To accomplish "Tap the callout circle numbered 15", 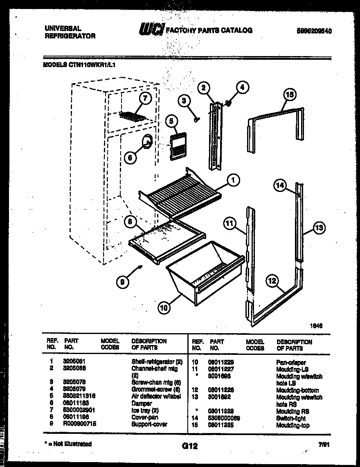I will (289, 95).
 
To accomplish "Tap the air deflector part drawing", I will (177, 141).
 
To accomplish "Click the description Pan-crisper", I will (291, 363).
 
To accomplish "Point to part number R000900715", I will (80, 424).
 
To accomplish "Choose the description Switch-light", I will (291, 418).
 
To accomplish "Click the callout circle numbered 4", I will (243, 87).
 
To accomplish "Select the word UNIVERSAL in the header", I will (62, 28).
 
